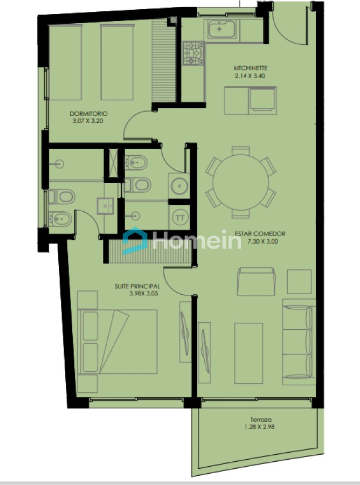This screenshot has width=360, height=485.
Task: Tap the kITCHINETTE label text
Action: pyautogui.click(x=251, y=68)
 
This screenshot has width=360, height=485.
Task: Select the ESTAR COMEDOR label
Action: pyautogui.click(x=260, y=234)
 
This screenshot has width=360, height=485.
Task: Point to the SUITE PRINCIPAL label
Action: pyautogui.click(x=137, y=286)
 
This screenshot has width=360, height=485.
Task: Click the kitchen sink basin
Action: pyautogui.click(x=221, y=29)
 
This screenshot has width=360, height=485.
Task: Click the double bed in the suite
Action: pyautogui.click(x=117, y=342)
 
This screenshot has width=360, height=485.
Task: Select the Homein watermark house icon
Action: pyautogui.click(x=135, y=241)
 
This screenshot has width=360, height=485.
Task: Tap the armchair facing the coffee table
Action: pyautogui.click(x=257, y=281)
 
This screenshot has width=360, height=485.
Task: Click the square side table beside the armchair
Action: pyautogui.click(x=299, y=281)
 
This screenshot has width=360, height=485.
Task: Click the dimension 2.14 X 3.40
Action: pyautogui.click(x=251, y=76)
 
